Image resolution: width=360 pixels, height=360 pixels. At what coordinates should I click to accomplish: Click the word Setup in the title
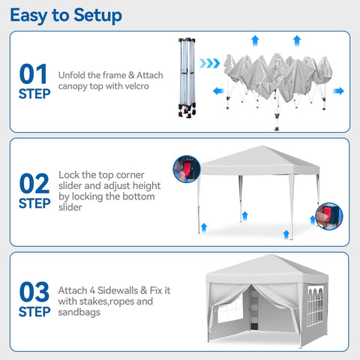point(95,15)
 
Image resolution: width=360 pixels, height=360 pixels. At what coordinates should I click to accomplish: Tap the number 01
point(34,74)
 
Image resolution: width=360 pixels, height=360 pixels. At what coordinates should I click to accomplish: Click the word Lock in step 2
point(70,174)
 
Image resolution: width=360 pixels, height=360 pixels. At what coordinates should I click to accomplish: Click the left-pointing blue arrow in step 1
point(218,91)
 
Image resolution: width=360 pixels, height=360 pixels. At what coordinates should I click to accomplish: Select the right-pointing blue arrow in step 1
point(339,91)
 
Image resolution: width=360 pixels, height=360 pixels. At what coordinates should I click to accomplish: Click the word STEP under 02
point(35,203)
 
